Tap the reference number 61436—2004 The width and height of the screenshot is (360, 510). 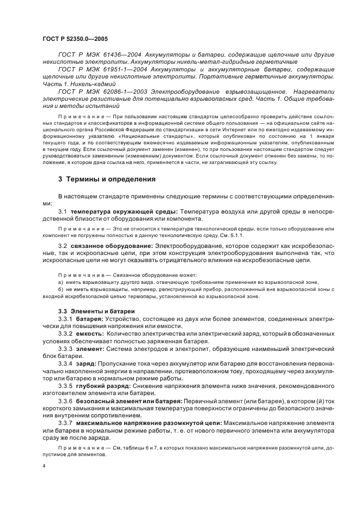(113, 55)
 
